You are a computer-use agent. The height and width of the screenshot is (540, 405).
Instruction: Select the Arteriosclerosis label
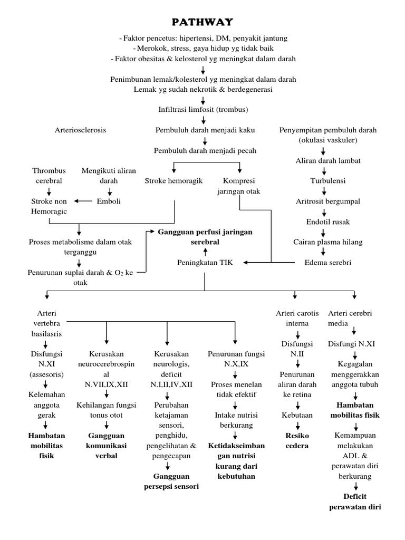81,130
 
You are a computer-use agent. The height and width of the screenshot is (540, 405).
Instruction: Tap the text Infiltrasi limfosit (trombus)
203,109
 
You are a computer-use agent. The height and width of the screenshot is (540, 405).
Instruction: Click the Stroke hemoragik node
173,181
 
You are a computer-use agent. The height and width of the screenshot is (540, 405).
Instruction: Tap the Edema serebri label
327,262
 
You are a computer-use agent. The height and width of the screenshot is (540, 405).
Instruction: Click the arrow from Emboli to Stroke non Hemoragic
83,201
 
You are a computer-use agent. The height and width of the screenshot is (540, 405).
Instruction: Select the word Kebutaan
297,416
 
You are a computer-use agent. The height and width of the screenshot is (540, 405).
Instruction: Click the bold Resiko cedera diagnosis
297,441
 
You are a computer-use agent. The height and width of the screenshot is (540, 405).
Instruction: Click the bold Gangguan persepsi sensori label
171,481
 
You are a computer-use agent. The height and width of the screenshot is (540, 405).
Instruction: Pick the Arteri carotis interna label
297,318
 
